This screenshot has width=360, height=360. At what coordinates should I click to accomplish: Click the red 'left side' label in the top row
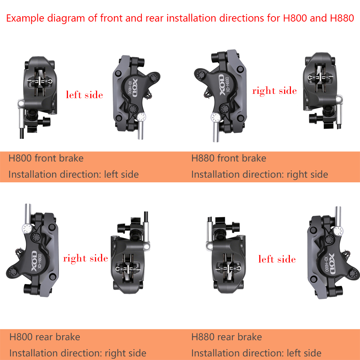(x=85, y=95)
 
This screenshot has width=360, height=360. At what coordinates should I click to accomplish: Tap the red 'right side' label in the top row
(x=274, y=91)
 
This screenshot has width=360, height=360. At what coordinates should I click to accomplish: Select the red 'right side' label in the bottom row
(x=85, y=259)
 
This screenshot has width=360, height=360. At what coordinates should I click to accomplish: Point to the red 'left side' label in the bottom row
(x=277, y=259)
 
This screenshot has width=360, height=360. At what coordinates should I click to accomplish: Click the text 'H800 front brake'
(x=46, y=158)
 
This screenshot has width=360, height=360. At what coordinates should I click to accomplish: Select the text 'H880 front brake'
(x=229, y=158)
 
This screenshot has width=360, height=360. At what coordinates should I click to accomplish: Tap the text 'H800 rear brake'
(x=45, y=337)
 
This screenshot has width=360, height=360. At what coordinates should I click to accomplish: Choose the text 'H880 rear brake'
(x=227, y=337)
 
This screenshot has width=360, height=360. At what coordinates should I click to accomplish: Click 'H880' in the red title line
(x=342, y=18)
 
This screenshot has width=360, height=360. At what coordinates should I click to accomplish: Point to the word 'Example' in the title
(x=25, y=18)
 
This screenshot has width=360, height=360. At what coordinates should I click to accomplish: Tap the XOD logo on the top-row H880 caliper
(x=222, y=85)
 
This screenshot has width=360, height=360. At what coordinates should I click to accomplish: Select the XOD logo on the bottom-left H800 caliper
(x=34, y=261)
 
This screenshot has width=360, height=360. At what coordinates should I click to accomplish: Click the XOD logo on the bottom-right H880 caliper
(x=332, y=264)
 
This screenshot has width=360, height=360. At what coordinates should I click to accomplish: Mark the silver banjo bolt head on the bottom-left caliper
(x=27, y=229)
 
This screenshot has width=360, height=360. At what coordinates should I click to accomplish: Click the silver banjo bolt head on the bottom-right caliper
(x=338, y=231)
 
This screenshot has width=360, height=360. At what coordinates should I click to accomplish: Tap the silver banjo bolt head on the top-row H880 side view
(x=216, y=118)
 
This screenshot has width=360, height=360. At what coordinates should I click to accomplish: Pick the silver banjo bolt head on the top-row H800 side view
(x=141, y=117)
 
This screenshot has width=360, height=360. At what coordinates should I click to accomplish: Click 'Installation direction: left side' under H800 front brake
(x=73, y=174)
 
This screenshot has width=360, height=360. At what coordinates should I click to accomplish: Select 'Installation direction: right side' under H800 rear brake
(x=78, y=353)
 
